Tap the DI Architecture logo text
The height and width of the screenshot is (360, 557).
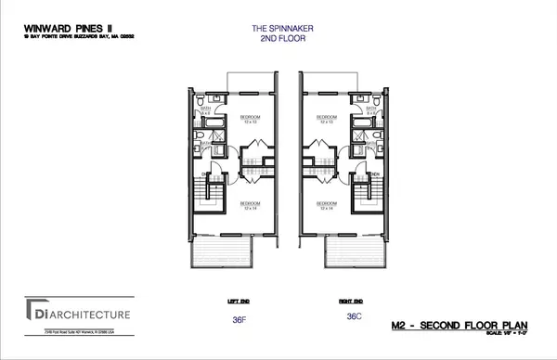click(79, 315)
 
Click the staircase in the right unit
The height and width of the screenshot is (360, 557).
click(363, 197)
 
